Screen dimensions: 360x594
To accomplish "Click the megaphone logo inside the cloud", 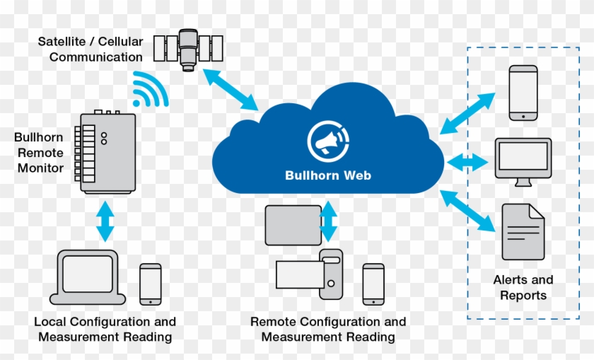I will click(x=327, y=140).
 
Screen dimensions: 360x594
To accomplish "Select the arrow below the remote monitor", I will click(x=105, y=221).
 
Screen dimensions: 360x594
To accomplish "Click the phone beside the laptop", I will click(x=150, y=284).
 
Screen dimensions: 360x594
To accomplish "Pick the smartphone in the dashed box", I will click(x=524, y=93).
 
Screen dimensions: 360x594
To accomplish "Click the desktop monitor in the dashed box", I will click(x=523, y=161).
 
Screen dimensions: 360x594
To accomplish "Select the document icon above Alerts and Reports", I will click(x=523, y=231).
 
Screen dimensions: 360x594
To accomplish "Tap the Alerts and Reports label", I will click(x=523, y=287).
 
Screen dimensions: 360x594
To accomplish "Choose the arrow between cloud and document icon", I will click(x=468, y=211).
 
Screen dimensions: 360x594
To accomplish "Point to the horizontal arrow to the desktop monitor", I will click(x=467, y=161).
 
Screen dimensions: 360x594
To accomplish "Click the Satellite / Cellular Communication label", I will click(x=91, y=49).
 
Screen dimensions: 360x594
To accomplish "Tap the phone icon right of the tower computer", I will click(x=373, y=284).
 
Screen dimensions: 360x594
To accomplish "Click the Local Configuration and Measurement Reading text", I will click(x=105, y=329).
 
